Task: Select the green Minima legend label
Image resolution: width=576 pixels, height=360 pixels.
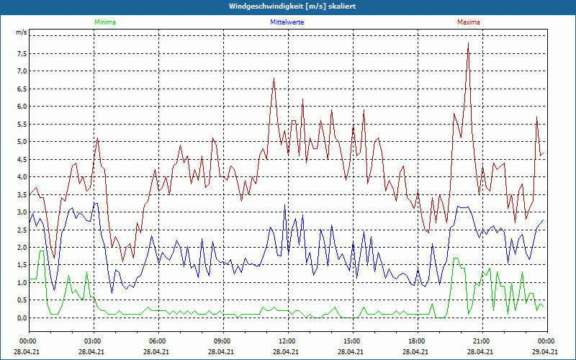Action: [104, 22]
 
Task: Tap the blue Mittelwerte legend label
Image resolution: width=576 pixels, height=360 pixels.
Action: [287, 22]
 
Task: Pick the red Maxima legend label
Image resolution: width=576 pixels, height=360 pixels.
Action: [469, 22]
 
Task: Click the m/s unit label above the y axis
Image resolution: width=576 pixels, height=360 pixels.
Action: [21, 33]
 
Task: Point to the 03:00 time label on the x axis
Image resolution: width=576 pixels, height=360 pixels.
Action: [93, 341]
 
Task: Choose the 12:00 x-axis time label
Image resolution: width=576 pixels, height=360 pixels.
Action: [287, 341]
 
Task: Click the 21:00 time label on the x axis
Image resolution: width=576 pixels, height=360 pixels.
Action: [481, 341]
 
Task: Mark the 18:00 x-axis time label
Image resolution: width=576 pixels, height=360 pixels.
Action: [416, 341]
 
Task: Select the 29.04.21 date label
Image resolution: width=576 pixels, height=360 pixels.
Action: [545, 352]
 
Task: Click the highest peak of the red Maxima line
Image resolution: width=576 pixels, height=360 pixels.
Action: [468, 43]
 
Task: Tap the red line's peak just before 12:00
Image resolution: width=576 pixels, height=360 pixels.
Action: [274, 78]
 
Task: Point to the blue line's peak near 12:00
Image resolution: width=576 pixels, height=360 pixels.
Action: [284, 206]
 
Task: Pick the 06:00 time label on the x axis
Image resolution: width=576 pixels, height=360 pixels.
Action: [158, 341]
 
